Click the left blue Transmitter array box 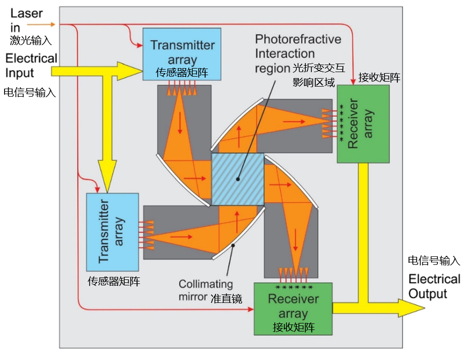113,232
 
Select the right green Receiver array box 363,124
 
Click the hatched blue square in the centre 238,179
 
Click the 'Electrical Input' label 31,66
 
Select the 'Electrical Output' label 434,286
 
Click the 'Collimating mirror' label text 206,290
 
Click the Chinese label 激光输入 31,40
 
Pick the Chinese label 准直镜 226,299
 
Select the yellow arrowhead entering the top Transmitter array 132,72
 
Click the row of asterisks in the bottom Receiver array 294,287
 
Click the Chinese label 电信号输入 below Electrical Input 30,92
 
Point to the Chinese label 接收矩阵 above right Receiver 379,78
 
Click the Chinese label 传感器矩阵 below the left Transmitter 114,281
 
